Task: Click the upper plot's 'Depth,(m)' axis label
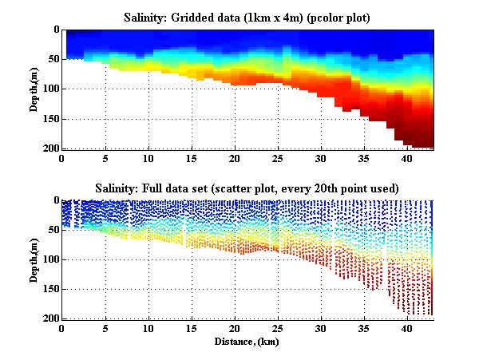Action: tap(35, 89)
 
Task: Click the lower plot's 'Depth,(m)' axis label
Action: tap(35, 259)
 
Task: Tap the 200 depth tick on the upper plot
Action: tap(51, 148)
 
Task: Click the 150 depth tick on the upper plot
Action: tap(51, 119)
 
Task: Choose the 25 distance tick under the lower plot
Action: tap(277, 327)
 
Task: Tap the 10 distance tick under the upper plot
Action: tap(148, 157)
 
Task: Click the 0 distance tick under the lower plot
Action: tap(62, 327)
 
